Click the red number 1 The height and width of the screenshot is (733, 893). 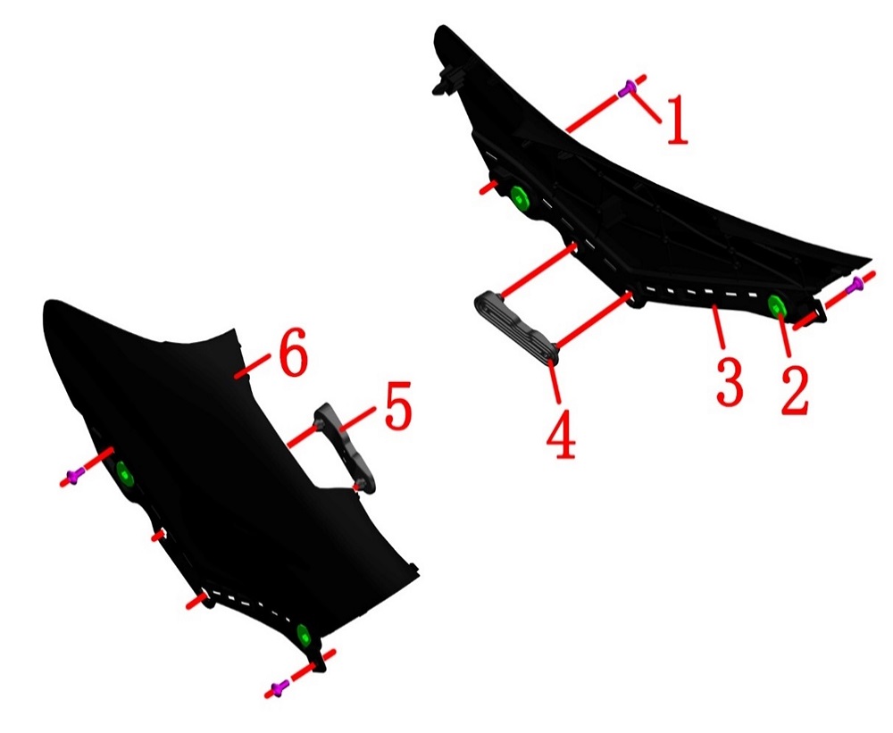pyautogui.click(x=677, y=121)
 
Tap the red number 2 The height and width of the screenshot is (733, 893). pyautogui.click(x=795, y=390)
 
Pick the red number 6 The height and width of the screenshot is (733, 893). pyautogui.click(x=293, y=354)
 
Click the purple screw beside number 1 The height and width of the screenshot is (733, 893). pyautogui.click(x=627, y=88)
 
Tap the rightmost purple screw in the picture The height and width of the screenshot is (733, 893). pyautogui.click(x=855, y=286)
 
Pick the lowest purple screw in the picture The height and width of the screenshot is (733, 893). pyautogui.click(x=279, y=688)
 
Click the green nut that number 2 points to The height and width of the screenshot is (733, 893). pyautogui.click(x=777, y=306)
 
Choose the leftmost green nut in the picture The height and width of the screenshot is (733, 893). pyautogui.click(x=124, y=473)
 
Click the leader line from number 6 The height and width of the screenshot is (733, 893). pyautogui.click(x=253, y=365)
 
